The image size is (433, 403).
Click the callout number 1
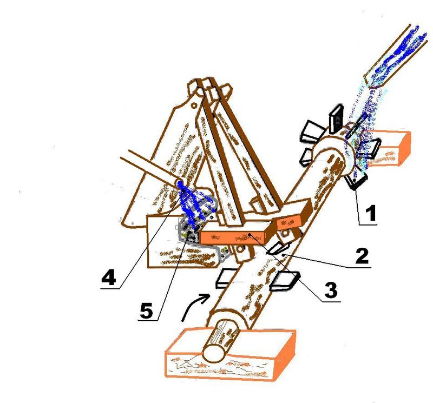click(x=370, y=213)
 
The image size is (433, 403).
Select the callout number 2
click(x=361, y=256)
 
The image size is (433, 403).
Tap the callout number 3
click(x=331, y=290)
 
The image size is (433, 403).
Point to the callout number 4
click(x=109, y=277)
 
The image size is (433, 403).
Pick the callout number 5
click(x=146, y=310)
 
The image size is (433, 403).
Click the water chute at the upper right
click(x=396, y=56)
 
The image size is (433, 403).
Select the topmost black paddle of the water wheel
click(x=336, y=118)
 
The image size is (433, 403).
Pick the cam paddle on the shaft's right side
click(x=285, y=281)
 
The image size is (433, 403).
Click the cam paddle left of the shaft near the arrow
click(x=226, y=278)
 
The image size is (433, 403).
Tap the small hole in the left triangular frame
click(x=194, y=105)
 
